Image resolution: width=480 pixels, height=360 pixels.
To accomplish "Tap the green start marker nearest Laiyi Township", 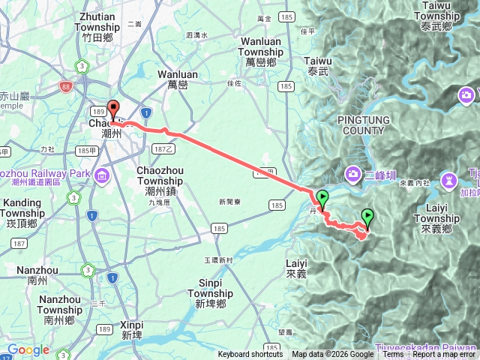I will [367, 218].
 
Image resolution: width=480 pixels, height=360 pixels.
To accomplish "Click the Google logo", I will [28, 349].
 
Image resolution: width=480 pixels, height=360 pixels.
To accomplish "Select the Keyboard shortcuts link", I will [250, 355].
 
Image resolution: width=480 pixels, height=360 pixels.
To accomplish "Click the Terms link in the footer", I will [393, 355].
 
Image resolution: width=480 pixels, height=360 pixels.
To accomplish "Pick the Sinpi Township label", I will [211, 293].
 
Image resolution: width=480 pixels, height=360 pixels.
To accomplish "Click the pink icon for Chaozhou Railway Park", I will [101, 175].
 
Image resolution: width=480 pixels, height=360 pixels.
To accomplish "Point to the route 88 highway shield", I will [67, 86].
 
